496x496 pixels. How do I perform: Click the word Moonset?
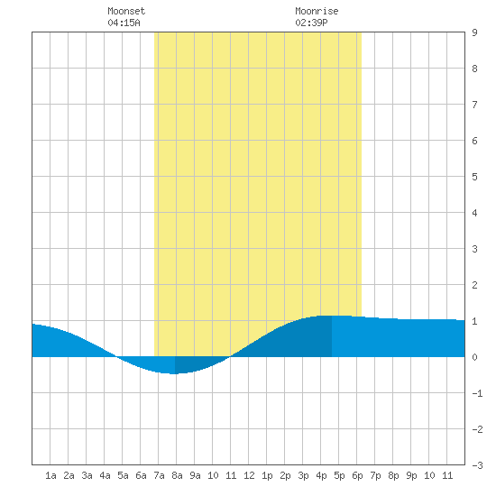coord(126,11)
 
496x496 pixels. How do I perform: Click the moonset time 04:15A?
coord(124,23)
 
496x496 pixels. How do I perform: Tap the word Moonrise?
coord(317,11)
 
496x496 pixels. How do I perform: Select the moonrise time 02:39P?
coord(311,23)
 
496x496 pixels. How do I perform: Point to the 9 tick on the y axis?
coord(474,32)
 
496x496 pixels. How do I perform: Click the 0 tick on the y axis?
coord(474,357)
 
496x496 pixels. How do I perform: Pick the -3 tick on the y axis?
coord(477,465)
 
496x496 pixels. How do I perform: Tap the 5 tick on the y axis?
coord(474,177)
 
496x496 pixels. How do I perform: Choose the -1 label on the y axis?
coord(477,393)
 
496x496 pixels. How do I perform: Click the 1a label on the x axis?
coord(51,475)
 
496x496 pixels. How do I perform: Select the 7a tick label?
coord(159,475)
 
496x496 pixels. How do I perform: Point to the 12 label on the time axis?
coord(249,475)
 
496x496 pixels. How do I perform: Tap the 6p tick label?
coord(357,475)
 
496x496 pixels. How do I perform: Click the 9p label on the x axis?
coord(411,475)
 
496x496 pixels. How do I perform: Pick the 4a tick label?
coord(105,475)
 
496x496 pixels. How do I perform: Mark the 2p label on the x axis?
coord(285,475)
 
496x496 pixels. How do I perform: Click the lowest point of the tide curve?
coord(174,373)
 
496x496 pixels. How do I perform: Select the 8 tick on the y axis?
coord(474,69)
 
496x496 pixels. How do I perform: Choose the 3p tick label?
coord(303,475)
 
